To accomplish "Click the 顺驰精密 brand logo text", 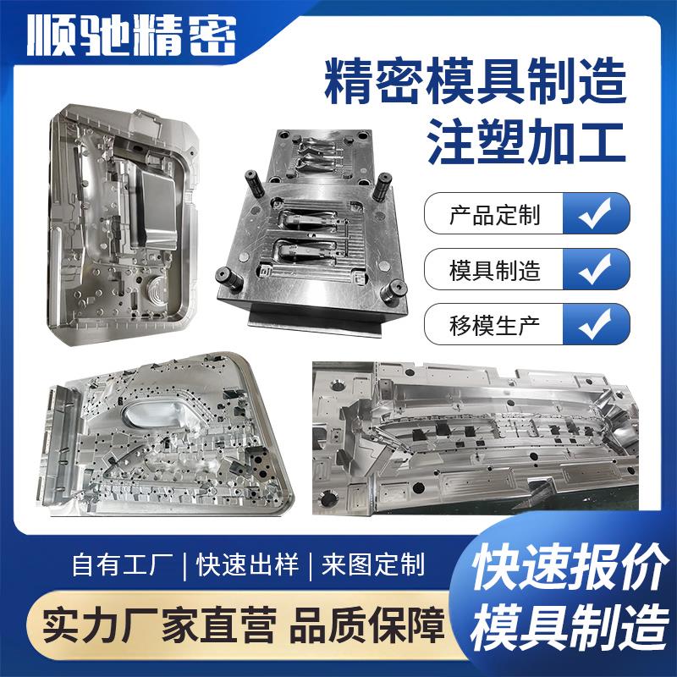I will coord(131,36).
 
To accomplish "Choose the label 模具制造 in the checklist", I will coord(494,271).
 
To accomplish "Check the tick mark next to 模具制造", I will coord(597,271).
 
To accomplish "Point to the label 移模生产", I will coord(494,324).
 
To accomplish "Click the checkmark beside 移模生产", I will coord(597,324).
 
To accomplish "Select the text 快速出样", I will coord(247,564).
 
